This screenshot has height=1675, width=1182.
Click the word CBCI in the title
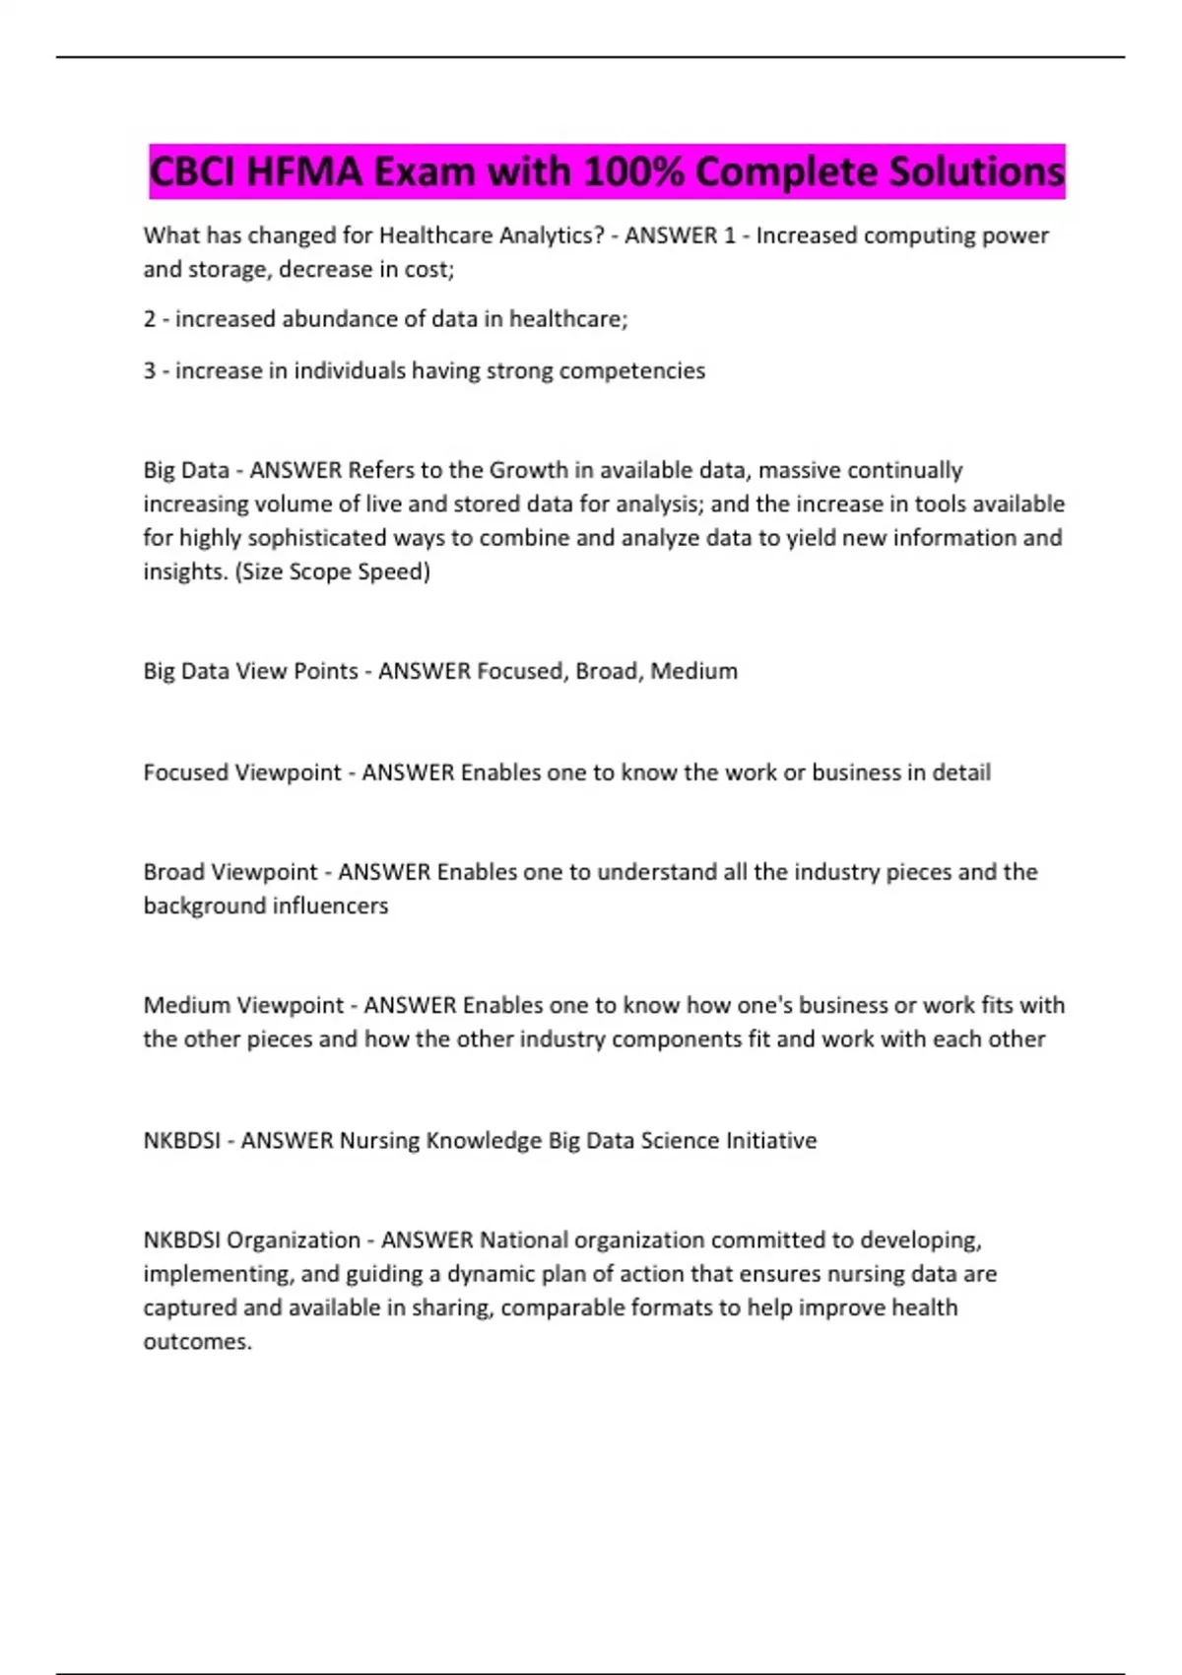[193, 172]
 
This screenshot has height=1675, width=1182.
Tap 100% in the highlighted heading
[634, 172]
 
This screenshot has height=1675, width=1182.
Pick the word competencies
[631, 371]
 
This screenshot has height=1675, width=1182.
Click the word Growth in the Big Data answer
[529, 470]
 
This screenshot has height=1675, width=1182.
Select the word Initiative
[771, 1141]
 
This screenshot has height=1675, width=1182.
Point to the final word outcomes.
[197, 1342]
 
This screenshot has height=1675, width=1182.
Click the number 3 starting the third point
[150, 371]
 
